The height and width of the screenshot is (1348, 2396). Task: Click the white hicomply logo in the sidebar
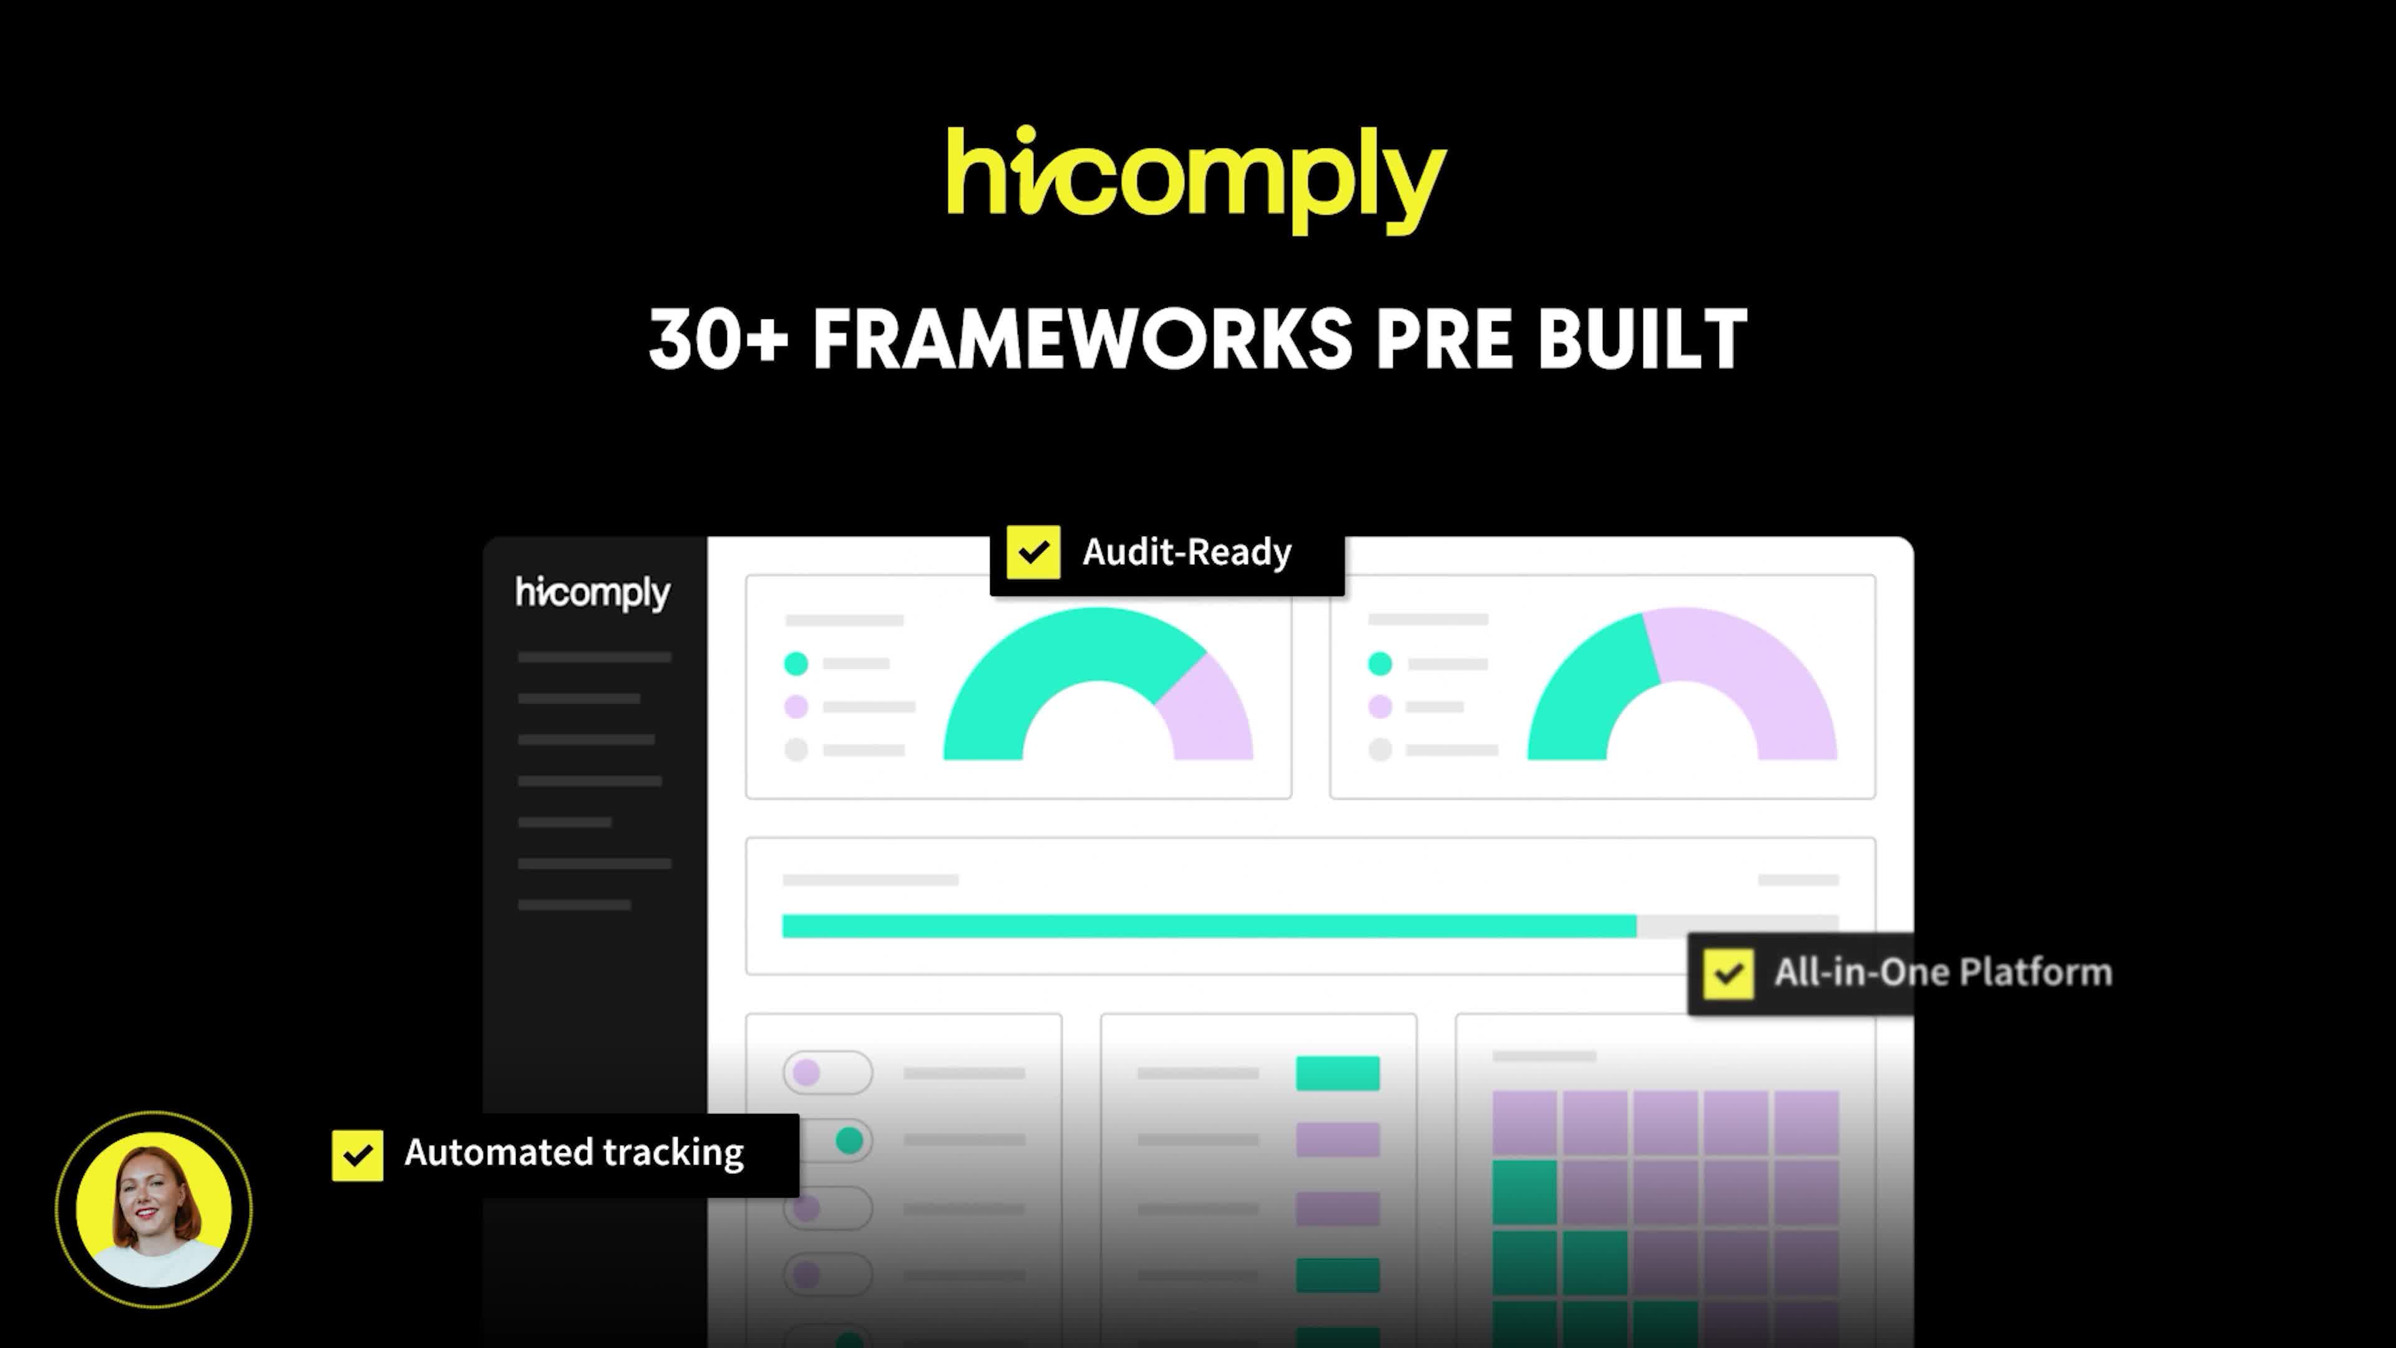593,593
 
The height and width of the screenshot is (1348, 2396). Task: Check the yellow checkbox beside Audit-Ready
1033,552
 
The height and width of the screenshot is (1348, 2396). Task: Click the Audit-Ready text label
1187,552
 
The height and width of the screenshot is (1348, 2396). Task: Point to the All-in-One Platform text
1943,972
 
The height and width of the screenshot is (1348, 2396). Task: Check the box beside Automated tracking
357,1155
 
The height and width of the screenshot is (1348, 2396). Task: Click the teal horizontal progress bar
1209,927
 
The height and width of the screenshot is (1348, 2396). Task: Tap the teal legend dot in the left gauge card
796,664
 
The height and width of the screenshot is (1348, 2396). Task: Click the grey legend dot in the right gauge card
1380,750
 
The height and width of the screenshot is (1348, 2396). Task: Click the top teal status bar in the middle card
1338,1073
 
